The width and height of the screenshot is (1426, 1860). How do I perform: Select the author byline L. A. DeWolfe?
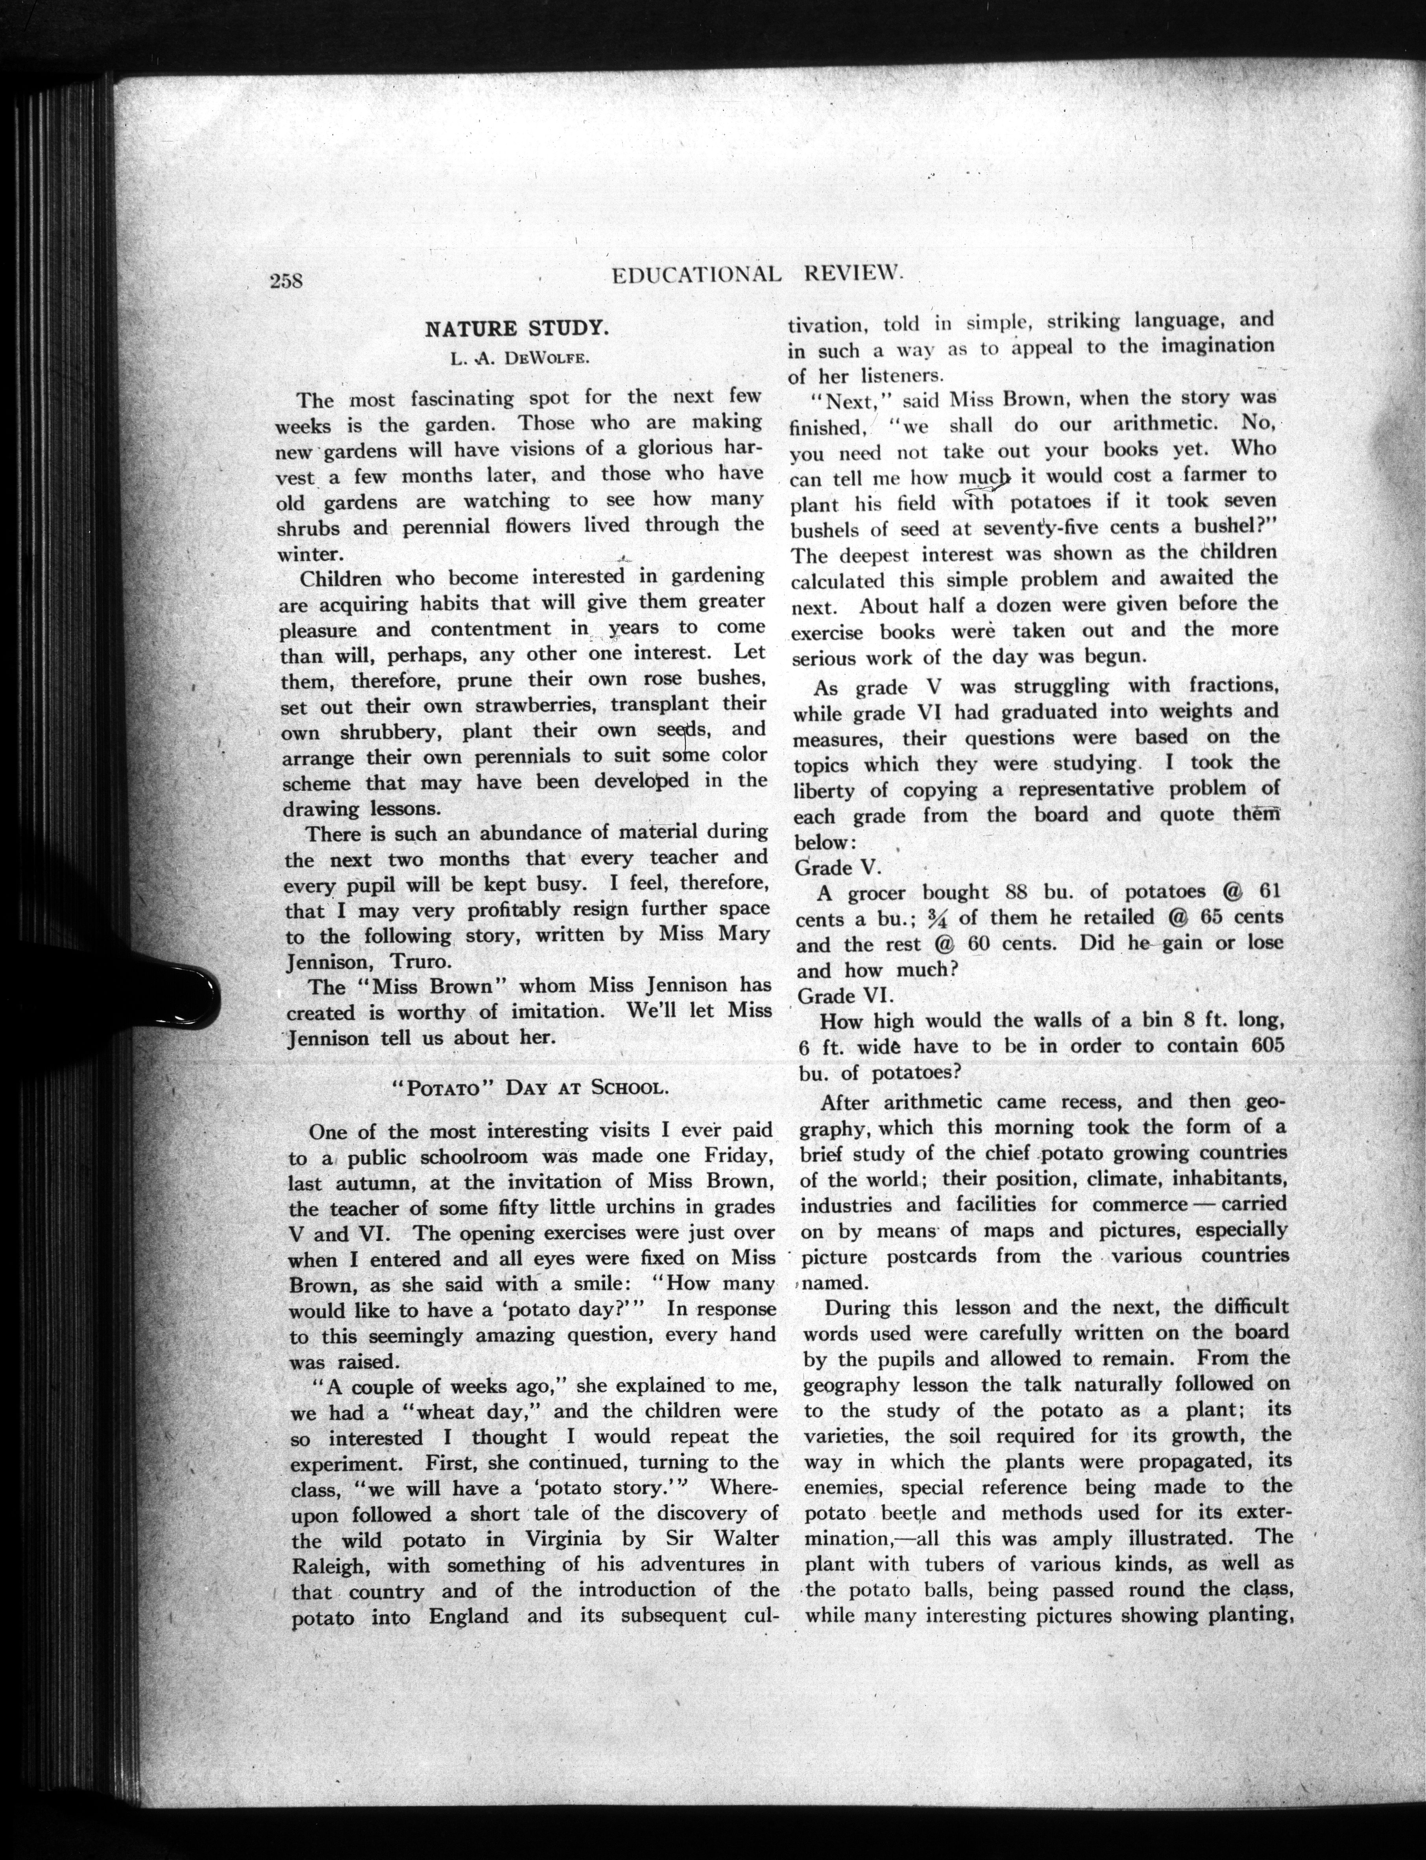point(519,356)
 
